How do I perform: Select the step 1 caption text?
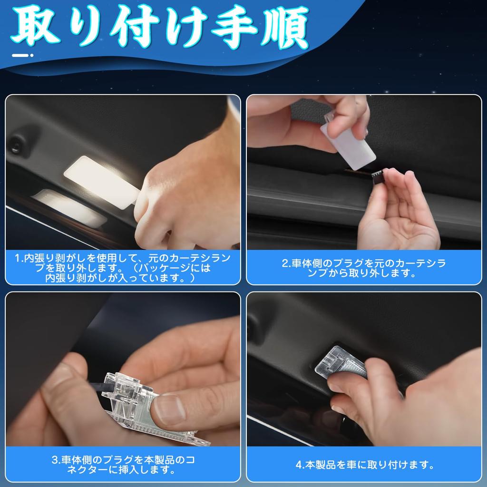pos(122,268)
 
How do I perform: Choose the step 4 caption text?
pos(364,464)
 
